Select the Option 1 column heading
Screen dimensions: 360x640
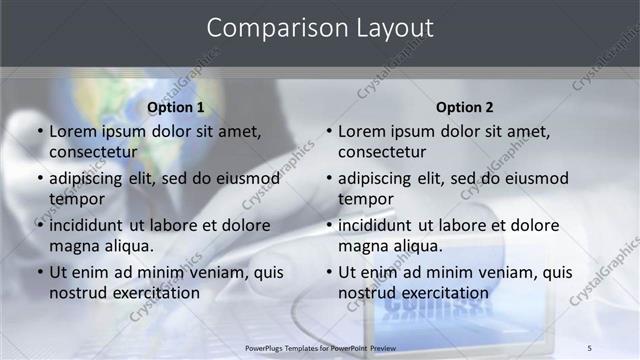point(176,107)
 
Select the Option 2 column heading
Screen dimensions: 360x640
point(465,107)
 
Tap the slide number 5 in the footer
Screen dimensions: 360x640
point(589,347)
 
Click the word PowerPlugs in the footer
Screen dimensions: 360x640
point(267,347)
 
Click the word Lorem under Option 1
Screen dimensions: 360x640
point(74,131)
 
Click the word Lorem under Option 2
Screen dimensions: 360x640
point(363,131)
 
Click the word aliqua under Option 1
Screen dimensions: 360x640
point(128,246)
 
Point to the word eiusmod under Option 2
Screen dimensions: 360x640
point(532,178)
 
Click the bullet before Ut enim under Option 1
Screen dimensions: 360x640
point(40,272)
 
